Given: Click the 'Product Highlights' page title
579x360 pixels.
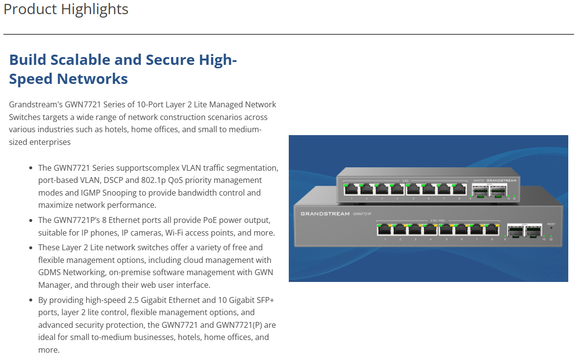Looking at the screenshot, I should point(66,9).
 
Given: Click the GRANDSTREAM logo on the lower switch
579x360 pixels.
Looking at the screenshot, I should point(325,214).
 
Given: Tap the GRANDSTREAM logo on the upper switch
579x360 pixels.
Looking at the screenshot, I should point(501,180).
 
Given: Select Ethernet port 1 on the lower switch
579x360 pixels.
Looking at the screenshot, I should point(385,230).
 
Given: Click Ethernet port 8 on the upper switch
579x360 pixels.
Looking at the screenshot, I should point(459,190).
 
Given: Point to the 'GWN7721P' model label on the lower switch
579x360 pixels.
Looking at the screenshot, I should point(361,214).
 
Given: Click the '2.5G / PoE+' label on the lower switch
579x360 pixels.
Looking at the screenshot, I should point(439,220).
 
